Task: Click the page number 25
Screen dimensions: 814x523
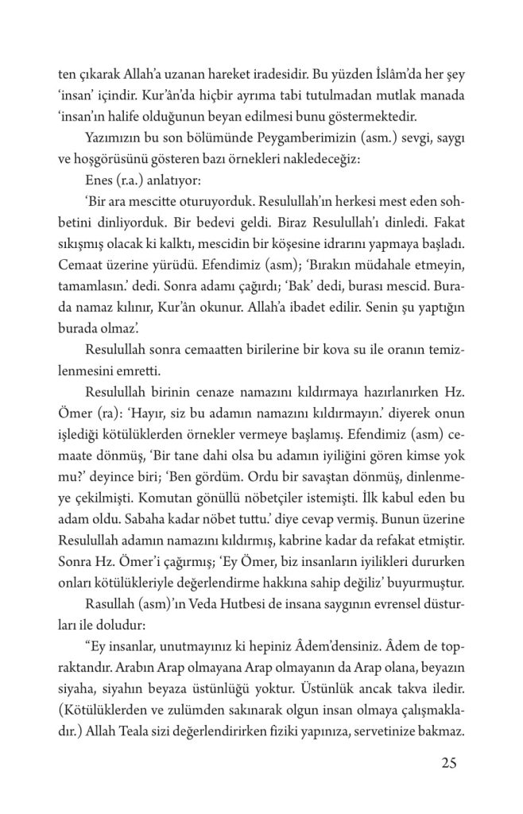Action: (447, 765)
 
